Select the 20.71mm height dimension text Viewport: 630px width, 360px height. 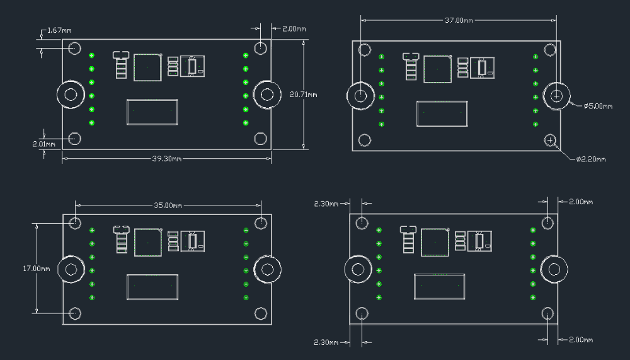click(303, 95)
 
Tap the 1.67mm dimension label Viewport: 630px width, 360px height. click(59, 30)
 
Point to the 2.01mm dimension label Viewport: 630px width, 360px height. click(43, 144)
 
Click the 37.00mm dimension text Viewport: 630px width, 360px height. click(459, 20)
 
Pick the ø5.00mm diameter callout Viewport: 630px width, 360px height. click(598, 107)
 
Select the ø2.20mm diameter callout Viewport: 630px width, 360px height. click(591, 160)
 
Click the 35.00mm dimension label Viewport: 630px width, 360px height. click(168, 206)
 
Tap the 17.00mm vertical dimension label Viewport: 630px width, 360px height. click(37, 269)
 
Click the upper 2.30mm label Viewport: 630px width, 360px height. click(326, 204)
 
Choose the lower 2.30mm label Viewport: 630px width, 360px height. click(326, 342)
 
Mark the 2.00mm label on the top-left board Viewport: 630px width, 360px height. click(294, 29)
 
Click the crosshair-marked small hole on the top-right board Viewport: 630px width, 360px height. click(550, 139)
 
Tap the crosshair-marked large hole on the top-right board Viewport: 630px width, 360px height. click(557, 96)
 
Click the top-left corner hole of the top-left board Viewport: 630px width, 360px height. click(75, 48)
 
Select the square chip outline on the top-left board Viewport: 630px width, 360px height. click(147, 67)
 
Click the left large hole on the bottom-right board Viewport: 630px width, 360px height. click(358, 269)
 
